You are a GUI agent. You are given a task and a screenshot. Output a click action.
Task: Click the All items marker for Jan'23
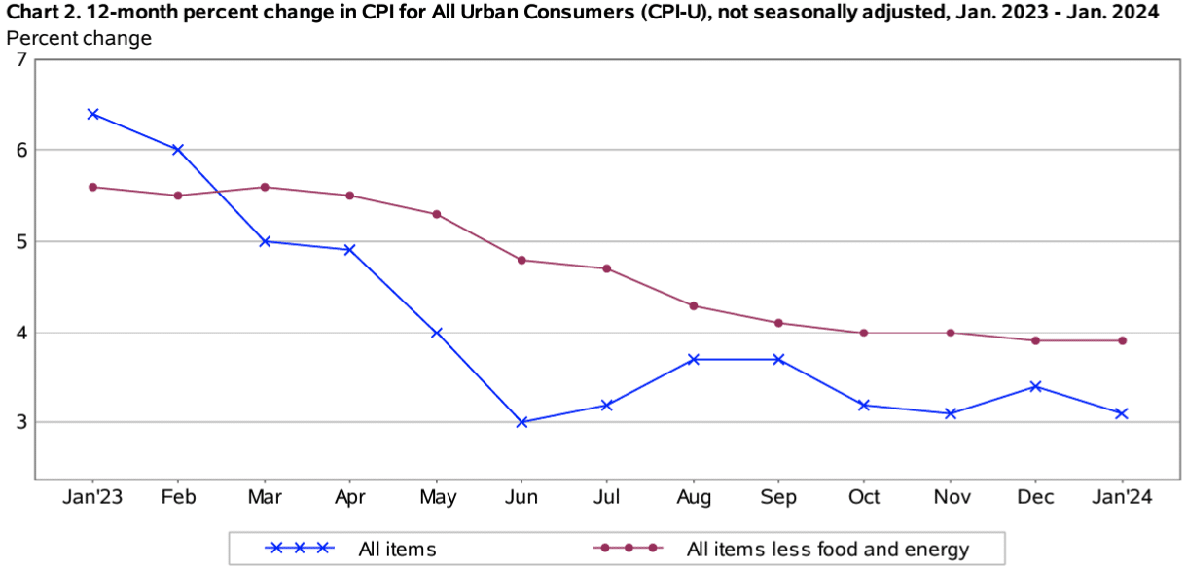92,114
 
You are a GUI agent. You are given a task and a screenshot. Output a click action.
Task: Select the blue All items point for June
522,422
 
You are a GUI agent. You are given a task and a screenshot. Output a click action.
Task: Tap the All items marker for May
437,333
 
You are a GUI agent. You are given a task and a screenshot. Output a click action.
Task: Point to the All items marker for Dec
1035,386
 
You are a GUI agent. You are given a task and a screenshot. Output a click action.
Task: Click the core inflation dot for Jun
522,260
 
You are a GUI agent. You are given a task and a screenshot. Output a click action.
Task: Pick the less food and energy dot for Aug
694,305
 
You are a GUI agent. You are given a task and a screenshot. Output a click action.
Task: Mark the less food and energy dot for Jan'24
1122,340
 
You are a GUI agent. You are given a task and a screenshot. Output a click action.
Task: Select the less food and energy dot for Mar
265,187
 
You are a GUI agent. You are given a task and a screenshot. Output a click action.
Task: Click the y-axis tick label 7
20,59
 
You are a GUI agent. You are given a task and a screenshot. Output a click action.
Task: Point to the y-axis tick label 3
20,422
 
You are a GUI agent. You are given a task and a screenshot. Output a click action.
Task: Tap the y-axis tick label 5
20,241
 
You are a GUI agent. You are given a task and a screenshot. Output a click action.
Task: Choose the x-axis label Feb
178,498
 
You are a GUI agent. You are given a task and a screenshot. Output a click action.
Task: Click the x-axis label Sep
779,498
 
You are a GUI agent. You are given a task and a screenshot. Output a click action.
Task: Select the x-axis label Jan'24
1122,498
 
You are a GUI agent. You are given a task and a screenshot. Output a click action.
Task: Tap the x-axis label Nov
951,498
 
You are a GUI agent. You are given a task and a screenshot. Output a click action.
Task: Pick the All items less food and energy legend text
827,549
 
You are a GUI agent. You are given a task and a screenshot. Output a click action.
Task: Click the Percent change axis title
79,38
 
